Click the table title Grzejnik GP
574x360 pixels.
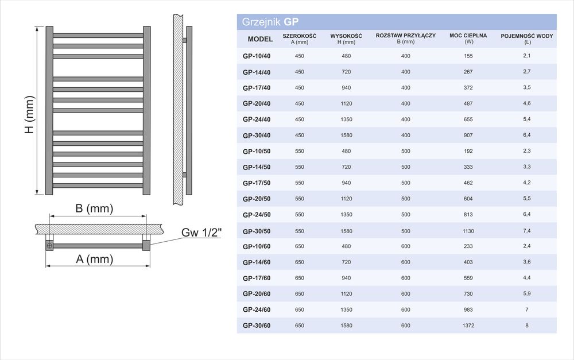tap(270, 22)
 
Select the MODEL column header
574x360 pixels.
tap(260, 39)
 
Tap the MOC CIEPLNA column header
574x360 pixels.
tap(468, 38)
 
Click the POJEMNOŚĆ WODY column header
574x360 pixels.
tap(527, 39)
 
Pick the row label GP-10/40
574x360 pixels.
tap(257, 56)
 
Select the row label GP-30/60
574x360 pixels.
tap(257, 326)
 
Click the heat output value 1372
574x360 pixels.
tap(468, 326)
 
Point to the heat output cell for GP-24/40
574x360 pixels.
tap(468, 119)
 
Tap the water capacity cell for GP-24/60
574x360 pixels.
tap(527, 309)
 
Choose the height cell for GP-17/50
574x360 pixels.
tap(346, 183)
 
